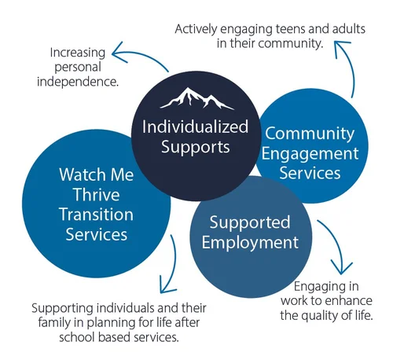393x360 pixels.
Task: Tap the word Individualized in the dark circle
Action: [196, 127]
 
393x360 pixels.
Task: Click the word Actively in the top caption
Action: [198, 28]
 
